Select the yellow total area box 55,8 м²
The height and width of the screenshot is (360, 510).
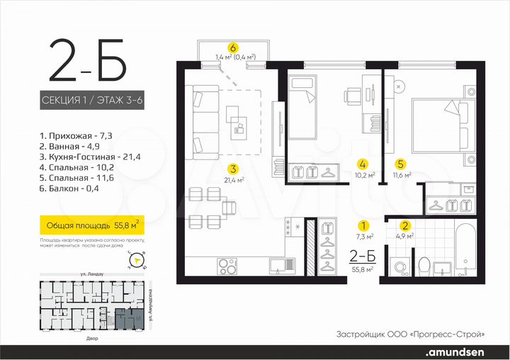91,226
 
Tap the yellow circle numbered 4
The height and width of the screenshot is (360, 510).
363,162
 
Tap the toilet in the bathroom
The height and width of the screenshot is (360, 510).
424,266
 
